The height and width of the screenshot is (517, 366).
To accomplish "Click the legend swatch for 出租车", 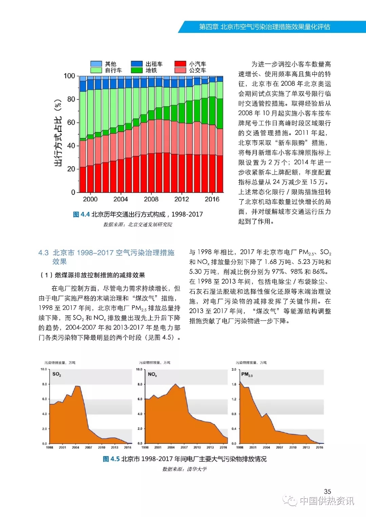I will [x=137, y=64].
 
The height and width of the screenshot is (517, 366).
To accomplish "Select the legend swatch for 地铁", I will [x=137, y=70].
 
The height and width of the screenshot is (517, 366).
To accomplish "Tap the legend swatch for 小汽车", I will [x=180, y=64].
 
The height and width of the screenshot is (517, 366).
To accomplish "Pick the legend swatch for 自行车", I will [x=96, y=70].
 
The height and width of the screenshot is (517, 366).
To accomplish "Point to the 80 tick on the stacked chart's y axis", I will [x=71, y=99].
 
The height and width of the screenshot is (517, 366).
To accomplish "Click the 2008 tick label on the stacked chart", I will [x=151, y=199].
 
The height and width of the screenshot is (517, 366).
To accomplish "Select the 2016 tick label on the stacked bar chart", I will [x=212, y=199].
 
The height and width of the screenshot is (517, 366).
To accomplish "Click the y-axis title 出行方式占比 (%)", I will [x=58, y=133].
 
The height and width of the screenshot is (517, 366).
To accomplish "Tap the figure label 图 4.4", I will [x=81, y=214].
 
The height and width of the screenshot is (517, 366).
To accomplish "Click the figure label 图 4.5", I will [x=111, y=459].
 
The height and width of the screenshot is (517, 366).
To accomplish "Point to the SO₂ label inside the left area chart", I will [x=57, y=374].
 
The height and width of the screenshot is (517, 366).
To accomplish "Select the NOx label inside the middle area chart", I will [x=152, y=374].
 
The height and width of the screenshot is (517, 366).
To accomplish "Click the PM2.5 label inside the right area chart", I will [x=247, y=374].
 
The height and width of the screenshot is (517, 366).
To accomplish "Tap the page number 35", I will [x=327, y=491].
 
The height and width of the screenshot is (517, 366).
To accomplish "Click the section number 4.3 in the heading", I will [x=43, y=253].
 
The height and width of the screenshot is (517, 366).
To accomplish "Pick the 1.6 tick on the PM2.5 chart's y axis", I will [x=234, y=384].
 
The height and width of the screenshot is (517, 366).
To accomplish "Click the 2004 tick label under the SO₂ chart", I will [x=76, y=448].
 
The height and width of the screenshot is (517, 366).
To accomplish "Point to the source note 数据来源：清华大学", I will [x=184, y=469].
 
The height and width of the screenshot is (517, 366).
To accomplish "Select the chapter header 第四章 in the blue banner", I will [x=208, y=27].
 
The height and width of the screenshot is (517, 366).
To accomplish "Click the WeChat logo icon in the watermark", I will [x=290, y=500].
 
